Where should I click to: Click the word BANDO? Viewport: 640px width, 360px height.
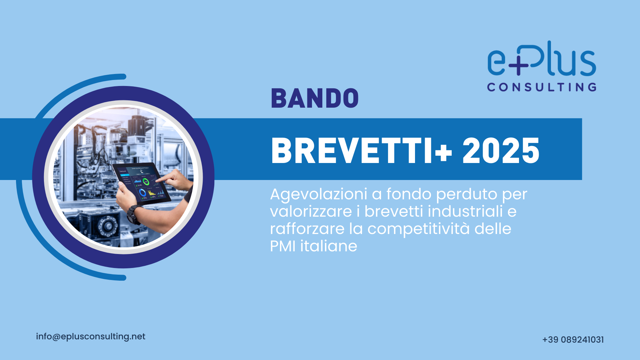315,98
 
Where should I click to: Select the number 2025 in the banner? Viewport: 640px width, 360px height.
501,151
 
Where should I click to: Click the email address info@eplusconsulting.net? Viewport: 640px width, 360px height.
91,337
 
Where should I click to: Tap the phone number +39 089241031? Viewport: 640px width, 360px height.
573,340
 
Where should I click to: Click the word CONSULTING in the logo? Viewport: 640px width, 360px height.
542,87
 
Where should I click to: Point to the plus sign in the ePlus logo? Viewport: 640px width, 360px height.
518,65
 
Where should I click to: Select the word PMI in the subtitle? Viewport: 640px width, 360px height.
283,246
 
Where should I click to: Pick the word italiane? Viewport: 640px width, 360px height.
329,246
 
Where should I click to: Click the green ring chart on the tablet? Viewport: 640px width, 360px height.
146,182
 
